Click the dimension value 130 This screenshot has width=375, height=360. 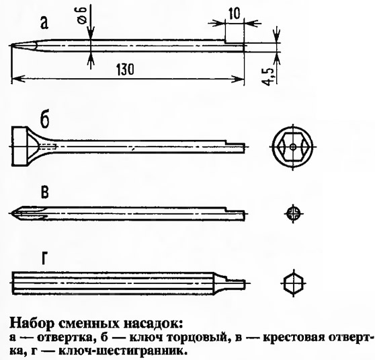125,69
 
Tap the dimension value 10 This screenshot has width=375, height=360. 234,13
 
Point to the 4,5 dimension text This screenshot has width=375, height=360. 268,77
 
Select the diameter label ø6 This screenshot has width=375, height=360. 81,15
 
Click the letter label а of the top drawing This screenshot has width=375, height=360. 44,24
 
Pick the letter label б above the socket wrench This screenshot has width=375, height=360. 45,120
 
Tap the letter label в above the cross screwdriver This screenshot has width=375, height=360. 45,192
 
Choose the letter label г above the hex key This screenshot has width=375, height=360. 44,258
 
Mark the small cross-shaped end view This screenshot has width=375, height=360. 293,213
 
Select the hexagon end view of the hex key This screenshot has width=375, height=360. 294,283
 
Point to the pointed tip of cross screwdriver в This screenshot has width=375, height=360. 11,213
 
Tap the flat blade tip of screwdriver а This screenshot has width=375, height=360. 11,46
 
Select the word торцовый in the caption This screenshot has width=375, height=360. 202,338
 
